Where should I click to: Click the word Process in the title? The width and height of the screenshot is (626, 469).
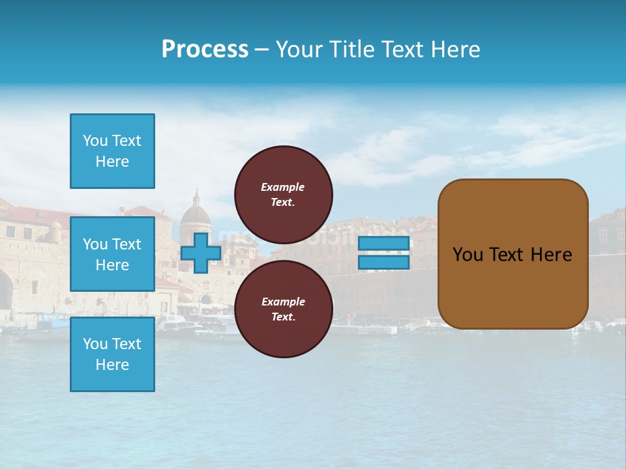(205, 50)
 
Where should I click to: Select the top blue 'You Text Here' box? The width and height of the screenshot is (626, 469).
(112, 151)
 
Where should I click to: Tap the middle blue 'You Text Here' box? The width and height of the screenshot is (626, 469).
(112, 254)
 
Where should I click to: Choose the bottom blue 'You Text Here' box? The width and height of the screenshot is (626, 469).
(112, 354)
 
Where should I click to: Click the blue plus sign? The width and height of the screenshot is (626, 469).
(200, 252)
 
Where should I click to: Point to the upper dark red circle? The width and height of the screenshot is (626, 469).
(284, 194)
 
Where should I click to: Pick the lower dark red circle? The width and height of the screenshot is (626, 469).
(284, 309)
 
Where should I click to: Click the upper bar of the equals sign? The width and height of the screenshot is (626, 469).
(383, 243)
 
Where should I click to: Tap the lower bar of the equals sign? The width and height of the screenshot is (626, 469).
(383, 263)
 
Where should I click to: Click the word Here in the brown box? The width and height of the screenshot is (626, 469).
(551, 255)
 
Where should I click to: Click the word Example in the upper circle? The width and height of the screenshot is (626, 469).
(283, 187)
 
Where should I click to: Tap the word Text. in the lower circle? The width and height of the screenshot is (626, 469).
(283, 317)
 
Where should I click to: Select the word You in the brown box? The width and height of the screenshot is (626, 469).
(467, 255)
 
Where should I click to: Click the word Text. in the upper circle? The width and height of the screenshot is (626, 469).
(283, 202)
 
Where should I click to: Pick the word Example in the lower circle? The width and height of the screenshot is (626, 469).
(283, 302)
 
